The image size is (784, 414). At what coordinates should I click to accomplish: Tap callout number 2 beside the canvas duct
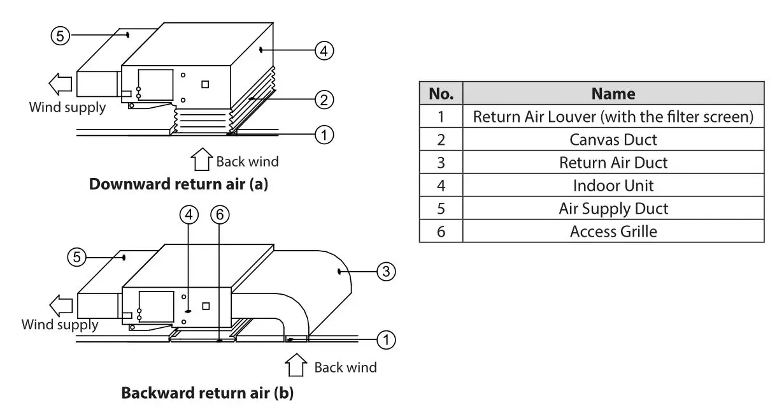pyautogui.click(x=324, y=99)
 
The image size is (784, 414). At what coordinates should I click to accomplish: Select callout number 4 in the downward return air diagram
pyautogui.click(x=324, y=50)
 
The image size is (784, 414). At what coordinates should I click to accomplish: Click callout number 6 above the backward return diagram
pyautogui.click(x=219, y=216)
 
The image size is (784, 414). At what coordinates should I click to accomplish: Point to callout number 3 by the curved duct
pyautogui.click(x=385, y=272)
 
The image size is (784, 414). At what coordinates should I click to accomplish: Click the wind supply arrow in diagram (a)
pyautogui.click(x=62, y=84)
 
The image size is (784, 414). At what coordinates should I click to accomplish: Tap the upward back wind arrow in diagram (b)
pyautogui.click(x=295, y=366)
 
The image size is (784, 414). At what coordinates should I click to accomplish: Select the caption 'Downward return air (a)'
pyautogui.click(x=178, y=184)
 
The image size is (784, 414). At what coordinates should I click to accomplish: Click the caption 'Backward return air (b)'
pyautogui.click(x=208, y=392)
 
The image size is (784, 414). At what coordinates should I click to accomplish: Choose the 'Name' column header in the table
pyautogui.click(x=613, y=94)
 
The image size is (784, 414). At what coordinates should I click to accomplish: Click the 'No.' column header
pyautogui.click(x=441, y=94)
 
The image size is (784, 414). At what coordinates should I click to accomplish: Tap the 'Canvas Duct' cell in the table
pyautogui.click(x=613, y=139)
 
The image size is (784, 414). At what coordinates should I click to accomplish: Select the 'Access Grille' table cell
pyautogui.click(x=613, y=231)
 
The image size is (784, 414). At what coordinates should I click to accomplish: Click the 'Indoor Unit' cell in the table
pyautogui.click(x=613, y=185)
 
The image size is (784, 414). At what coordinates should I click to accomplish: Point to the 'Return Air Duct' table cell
pyautogui.click(x=613, y=162)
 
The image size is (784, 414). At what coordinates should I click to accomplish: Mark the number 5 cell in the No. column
pyautogui.click(x=441, y=208)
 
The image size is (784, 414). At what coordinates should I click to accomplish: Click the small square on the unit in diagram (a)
pyautogui.click(x=205, y=84)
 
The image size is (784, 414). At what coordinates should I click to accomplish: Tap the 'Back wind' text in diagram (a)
pyautogui.click(x=247, y=161)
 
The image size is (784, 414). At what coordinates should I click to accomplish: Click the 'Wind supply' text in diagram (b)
pyautogui.click(x=60, y=325)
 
